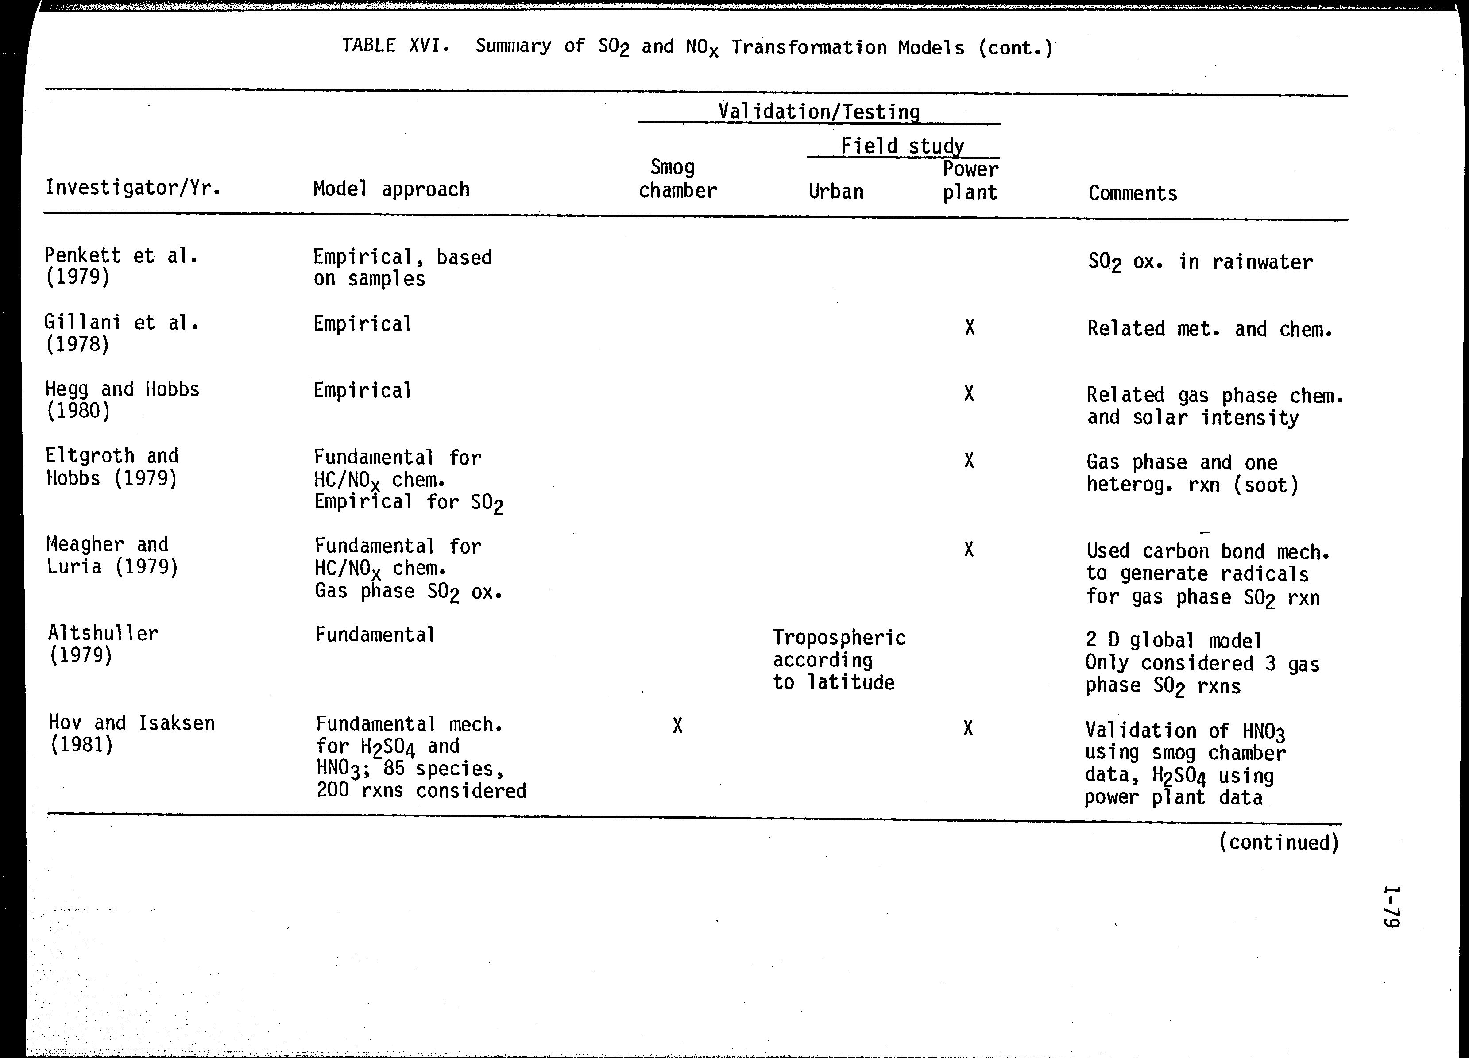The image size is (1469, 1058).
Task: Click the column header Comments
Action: (1132, 193)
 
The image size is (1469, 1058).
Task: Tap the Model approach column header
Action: (391, 189)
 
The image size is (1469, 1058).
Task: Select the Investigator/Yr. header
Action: (133, 188)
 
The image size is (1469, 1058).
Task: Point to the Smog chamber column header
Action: (677, 179)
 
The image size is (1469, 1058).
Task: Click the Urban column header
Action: (835, 192)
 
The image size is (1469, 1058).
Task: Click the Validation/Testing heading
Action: (819, 112)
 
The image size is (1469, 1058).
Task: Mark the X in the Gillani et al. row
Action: (969, 327)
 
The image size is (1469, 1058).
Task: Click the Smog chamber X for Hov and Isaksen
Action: (677, 726)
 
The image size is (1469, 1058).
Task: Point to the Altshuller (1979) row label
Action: (103, 644)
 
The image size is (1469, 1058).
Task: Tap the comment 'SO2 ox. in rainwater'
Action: (1199, 262)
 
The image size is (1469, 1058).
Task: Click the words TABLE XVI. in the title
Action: (396, 45)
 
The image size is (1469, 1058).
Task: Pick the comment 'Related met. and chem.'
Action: (1209, 329)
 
